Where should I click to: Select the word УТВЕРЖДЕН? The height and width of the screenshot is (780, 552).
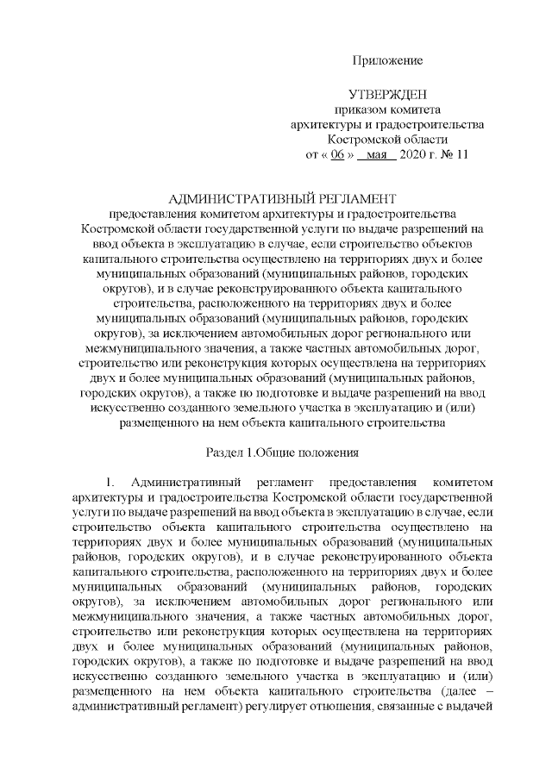(387, 93)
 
